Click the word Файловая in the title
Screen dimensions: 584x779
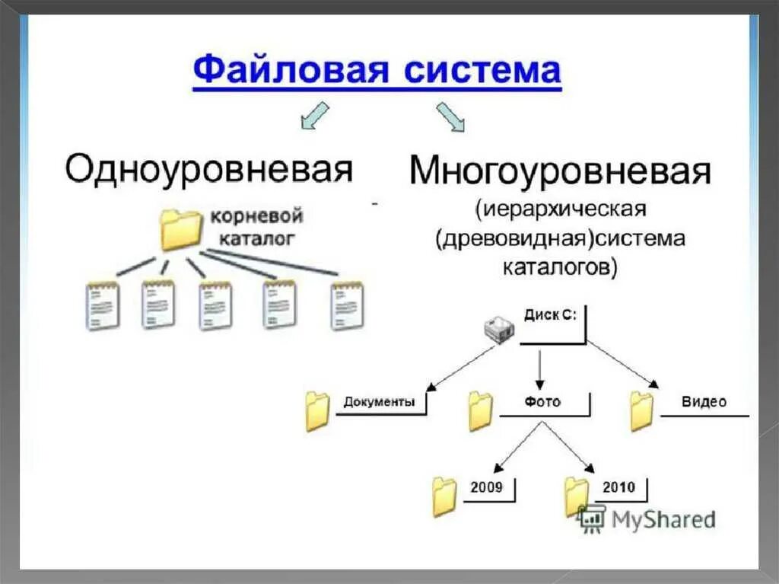point(289,71)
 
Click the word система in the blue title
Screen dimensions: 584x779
point(482,71)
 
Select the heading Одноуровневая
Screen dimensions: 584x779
point(208,170)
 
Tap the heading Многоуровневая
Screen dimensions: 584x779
point(560,172)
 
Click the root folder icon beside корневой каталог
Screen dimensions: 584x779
point(181,228)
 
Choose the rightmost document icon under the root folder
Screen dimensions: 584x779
point(348,305)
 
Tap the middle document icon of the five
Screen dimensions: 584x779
point(215,305)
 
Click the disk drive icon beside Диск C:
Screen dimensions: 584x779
point(500,328)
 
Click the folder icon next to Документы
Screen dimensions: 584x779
point(317,411)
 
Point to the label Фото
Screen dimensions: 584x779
point(542,401)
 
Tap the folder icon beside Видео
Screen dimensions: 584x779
point(642,411)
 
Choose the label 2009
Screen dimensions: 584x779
point(486,487)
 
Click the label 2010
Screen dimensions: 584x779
point(618,487)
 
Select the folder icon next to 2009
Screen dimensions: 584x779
point(444,496)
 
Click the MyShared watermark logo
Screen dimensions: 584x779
point(647,519)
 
